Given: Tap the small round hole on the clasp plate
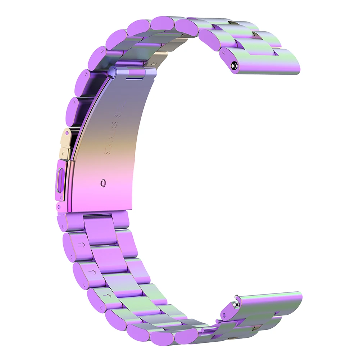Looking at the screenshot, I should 104,182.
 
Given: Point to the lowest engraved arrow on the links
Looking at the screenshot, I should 107,296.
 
